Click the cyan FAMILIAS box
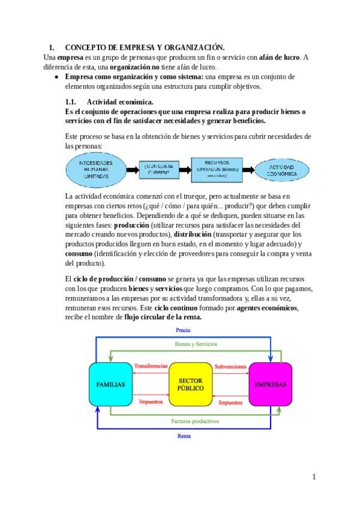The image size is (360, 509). pyautogui.click(x=110, y=384)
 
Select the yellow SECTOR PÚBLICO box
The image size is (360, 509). pyautogui.click(x=191, y=384)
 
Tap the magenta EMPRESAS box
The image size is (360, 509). pyautogui.click(x=270, y=384)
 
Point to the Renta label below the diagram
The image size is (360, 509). pyautogui.click(x=184, y=436)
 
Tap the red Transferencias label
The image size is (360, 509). pyautogui.click(x=151, y=366)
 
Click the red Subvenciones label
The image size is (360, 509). pyautogui.click(x=230, y=366)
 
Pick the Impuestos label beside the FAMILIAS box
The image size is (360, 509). pyautogui.click(x=151, y=402)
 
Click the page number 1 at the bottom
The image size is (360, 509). pyautogui.click(x=313, y=477)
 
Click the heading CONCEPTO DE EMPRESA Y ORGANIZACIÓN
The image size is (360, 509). pyautogui.click(x=144, y=47)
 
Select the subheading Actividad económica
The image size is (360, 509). pyautogui.click(x=120, y=102)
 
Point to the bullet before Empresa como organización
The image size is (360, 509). pyautogui.click(x=56, y=77)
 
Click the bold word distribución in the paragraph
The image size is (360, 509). pyautogui.click(x=191, y=234)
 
